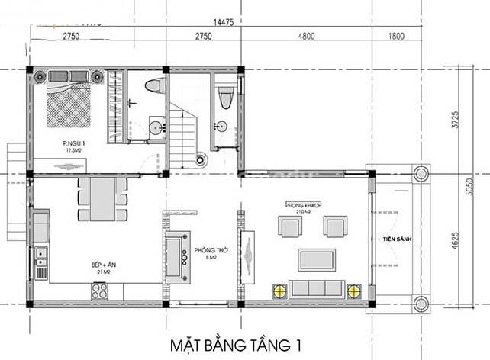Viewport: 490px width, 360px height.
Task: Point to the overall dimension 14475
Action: pyautogui.click(x=224, y=22)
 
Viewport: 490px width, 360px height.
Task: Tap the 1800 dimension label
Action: pyautogui.click(x=396, y=37)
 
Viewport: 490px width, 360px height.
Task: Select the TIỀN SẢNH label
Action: pyautogui.click(x=398, y=240)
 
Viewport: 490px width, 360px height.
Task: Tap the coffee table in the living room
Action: pyautogui.click(x=317, y=259)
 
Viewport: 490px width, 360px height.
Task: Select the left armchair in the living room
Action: pyautogui.click(x=289, y=227)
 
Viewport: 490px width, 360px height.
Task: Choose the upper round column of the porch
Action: pyautogui.click(x=421, y=173)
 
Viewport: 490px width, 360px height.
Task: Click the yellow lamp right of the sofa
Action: pyautogui.click(x=353, y=291)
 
